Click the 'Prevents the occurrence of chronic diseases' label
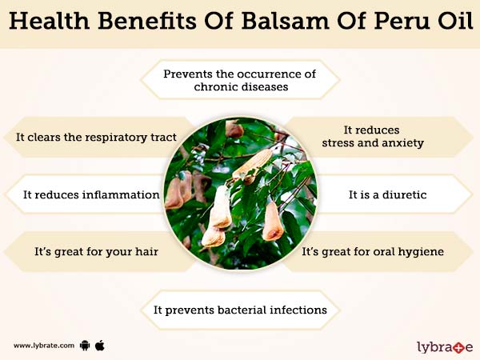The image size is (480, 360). click(240, 80)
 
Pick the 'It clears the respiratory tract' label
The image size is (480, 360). click(95, 137)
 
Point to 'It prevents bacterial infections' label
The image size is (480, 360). click(240, 309)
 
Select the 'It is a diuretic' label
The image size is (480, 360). click(386, 194)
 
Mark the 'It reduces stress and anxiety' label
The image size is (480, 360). click(372, 137)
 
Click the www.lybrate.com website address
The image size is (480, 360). click(44, 346)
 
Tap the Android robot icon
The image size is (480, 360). click(86, 346)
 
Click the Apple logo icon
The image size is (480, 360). click(100, 345)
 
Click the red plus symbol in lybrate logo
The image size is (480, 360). click(458, 346)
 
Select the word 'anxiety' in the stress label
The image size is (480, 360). click(403, 144)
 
